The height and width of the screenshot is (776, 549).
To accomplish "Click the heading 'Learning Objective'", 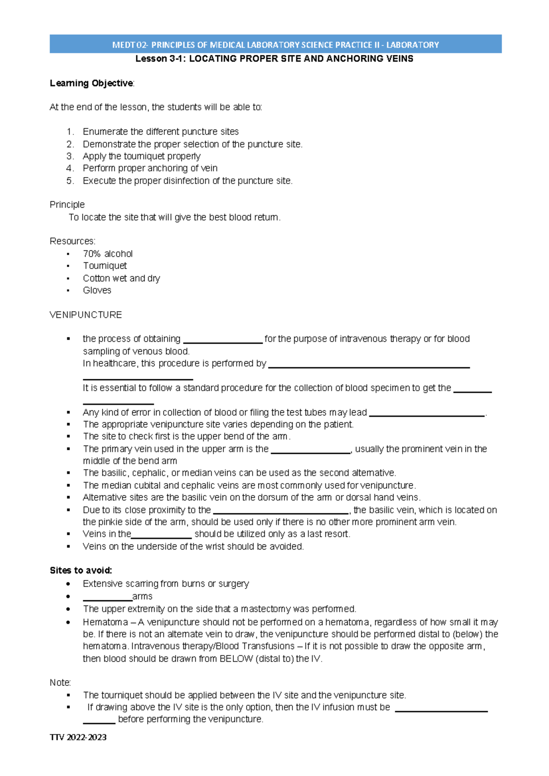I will (91, 83).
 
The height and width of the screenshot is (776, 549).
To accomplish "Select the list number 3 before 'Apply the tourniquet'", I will (70, 156).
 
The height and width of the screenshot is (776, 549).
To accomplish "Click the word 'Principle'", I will (67, 205).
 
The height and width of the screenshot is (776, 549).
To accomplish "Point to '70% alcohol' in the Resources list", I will (108, 254).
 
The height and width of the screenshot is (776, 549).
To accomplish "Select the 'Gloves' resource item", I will (97, 291).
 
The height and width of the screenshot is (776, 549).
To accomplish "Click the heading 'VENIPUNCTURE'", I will (86, 315).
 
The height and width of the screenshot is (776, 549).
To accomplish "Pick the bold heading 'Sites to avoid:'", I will (81, 571).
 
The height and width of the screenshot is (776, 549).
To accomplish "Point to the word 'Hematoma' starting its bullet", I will (105, 622).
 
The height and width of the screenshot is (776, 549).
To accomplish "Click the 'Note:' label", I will (60, 683).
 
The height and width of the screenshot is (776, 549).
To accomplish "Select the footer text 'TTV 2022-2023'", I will (78, 737).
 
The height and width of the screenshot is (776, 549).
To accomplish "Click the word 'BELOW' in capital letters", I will (236, 659).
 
